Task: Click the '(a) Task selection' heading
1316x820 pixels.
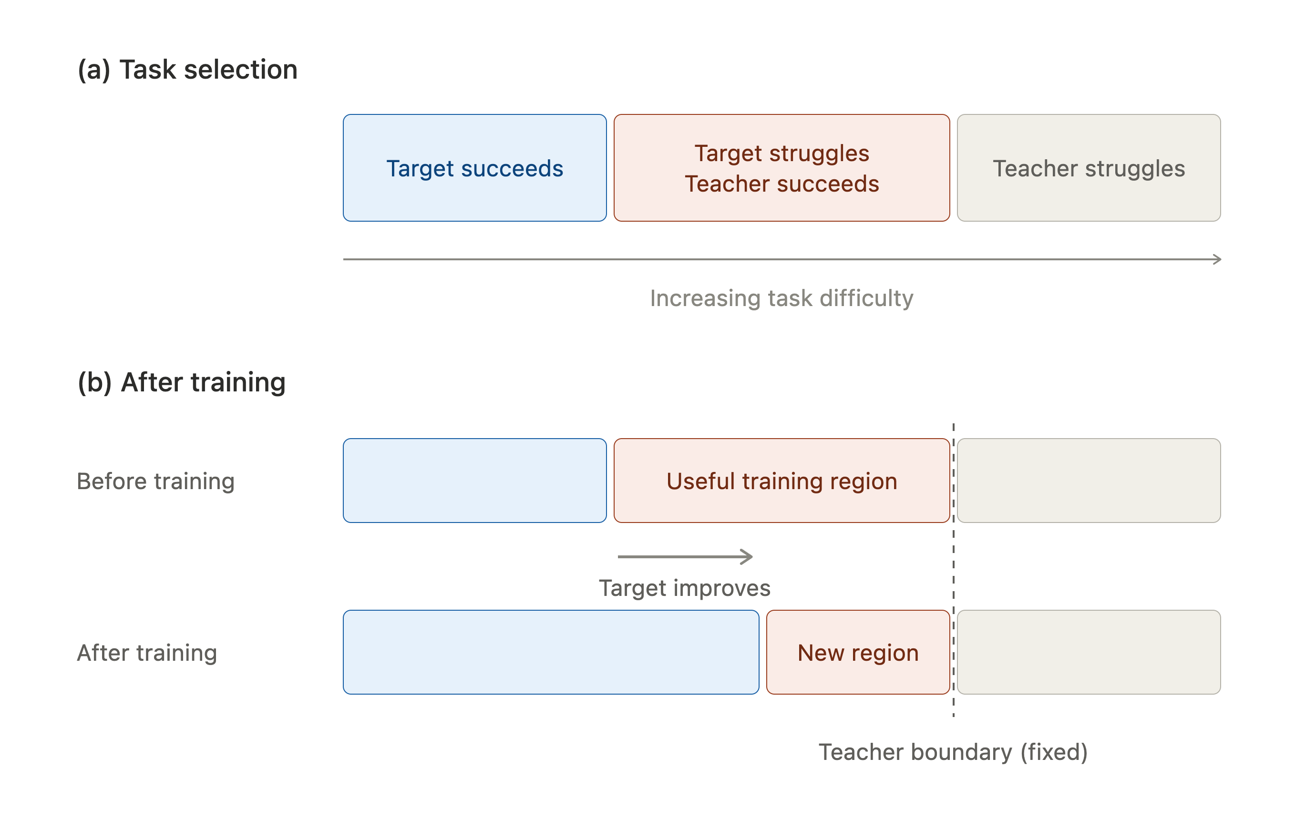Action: (x=187, y=70)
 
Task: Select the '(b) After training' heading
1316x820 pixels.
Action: (x=182, y=382)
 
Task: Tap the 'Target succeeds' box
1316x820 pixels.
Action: (x=474, y=168)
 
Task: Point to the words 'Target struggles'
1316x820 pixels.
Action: (x=781, y=154)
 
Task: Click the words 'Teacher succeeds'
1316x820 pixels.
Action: (x=781, y=184)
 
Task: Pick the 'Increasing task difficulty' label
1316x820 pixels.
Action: (x=781, y=298)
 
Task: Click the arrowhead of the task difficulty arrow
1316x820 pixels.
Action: (x=1220, y=259)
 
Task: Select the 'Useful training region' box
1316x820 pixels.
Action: (x=781, y=481)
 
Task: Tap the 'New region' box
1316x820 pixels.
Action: (x=858, y=652)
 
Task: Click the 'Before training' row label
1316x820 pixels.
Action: (x=155, y=481)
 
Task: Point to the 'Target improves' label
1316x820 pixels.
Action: (x=684, y=588)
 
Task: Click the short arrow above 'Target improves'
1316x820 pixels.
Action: (x=685, y=556)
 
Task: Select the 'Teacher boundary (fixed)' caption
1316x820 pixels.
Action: (x=953, y=752)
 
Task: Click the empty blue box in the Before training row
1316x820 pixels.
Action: (x=474, y=481)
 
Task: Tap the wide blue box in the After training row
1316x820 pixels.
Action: (x=551, y=652)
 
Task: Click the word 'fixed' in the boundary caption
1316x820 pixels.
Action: (x=1054, y=752)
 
